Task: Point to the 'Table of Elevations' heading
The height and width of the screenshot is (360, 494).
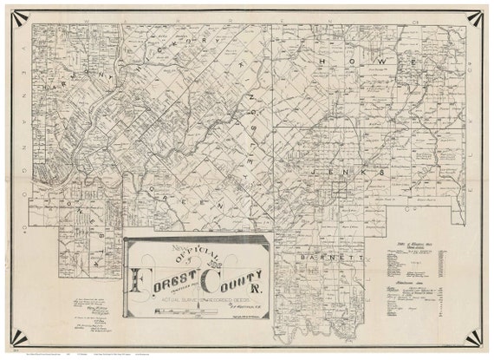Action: click(415, 245)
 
